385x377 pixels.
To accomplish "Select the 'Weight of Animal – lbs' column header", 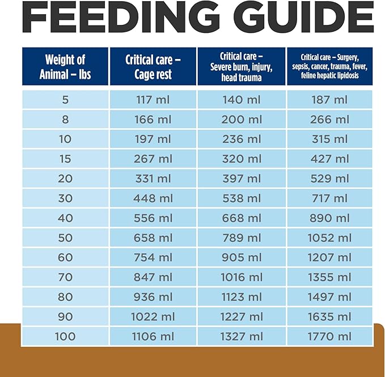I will pyautogui.click(x=65, y=67).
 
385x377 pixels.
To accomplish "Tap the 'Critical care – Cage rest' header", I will pyautogui.click(x=153, y=67).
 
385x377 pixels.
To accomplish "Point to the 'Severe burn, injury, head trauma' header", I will pyautogui.click(x=241, y=66).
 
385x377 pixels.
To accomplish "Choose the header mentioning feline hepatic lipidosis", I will pyautogui.click(x=329, y=66).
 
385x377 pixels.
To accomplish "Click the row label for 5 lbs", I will pyautogui.click(x=65, y=100).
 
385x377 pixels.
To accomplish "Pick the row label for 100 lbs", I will pyautogui.click(x=65, y=336).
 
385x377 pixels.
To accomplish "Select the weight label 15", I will pyautogui.click(x=65, y=159).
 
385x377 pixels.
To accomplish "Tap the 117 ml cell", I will pyautogui.click(x=153, y=100).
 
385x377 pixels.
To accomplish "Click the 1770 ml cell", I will pyautogui.click(x=329, y=336).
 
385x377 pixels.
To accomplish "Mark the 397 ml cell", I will pyautogui.click(x=241, y=179).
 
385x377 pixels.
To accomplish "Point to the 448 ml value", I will pyautogui.click(x=153, y=198).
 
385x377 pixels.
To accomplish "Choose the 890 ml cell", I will pyautogui.click(x=329, y=218).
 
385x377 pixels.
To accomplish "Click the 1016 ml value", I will pyautogui.click(x=241, y=277).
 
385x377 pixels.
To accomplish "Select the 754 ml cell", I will pyautogui.click(x=153, y=257).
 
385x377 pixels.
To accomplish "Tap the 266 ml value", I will pyautogui.click(x=329, y=120).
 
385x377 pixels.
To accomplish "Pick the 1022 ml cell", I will pyautogui.click(x=153, y=316).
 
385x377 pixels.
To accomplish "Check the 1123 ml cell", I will pyautogui.click(x=241, y=297).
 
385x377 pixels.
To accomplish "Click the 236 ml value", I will pyautogui.click(x=241, y=139).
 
